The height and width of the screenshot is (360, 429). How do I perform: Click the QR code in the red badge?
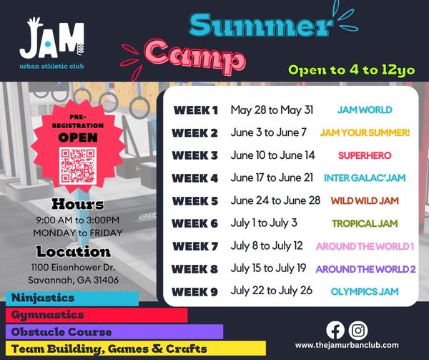(78, 165)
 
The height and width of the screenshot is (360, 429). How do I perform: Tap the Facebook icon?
(335, 330)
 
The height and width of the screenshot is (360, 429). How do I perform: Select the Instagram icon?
(358, 330)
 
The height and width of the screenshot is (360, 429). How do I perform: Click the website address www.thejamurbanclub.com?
(347, 345)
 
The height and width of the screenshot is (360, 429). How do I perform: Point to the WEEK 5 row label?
(195, 201)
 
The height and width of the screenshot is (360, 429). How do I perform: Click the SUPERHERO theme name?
(365, 155)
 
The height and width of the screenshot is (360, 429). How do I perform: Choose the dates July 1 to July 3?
(264, 223)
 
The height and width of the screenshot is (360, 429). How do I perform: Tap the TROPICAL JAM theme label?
(365, 223)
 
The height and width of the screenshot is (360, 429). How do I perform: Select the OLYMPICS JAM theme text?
(365, 291)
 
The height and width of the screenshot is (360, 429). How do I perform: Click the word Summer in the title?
(261, 25)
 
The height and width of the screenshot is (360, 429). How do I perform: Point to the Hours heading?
(78, 204)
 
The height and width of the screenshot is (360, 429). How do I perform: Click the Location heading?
(74, 252)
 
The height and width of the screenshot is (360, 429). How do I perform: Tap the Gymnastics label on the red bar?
(48, 315)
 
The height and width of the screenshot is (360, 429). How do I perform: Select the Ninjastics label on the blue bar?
(43, 298)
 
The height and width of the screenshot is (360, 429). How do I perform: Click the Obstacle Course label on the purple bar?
(61, 332)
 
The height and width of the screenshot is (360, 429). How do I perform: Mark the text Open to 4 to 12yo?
(352, 70)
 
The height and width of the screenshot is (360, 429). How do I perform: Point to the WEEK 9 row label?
(195, 292)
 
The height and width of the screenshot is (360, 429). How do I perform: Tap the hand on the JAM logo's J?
(35, 22)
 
